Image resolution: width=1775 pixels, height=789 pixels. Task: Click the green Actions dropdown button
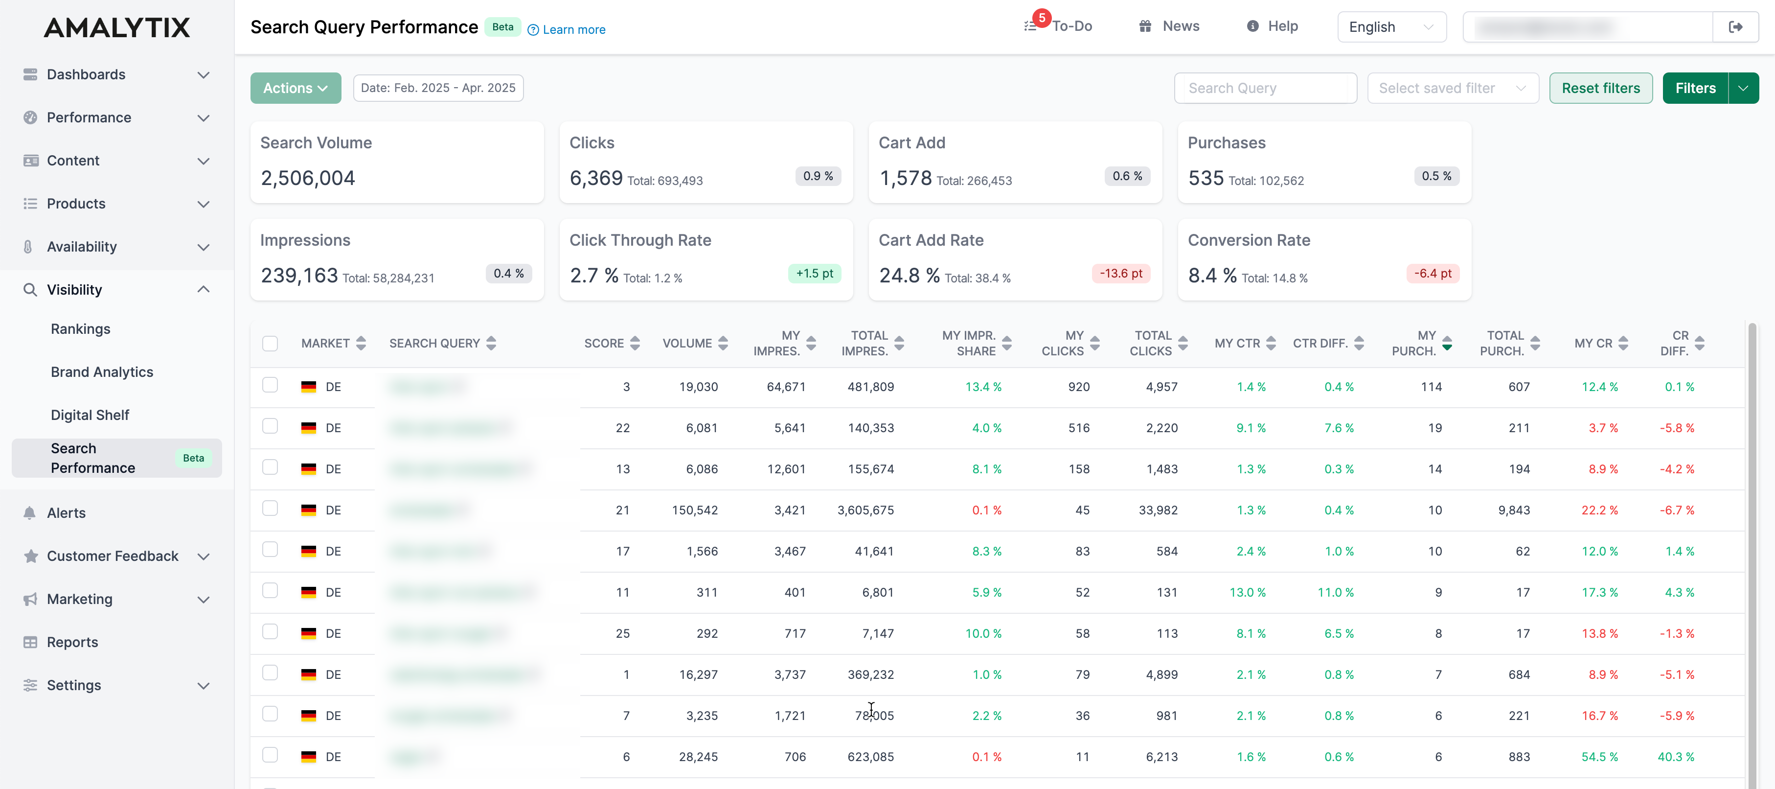tap(295, 88)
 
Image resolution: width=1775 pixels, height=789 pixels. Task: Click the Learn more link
tap(572, 30)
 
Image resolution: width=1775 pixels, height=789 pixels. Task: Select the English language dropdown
tap(1390, 27)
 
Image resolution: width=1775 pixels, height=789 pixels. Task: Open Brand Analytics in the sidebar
tap(102, 372)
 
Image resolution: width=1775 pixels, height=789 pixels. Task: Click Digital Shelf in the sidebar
tap(90, 415)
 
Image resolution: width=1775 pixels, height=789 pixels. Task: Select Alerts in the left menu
tap(66, 512)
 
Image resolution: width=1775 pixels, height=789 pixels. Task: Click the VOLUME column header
tap(687, 343)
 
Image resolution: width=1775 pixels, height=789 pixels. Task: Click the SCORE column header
tap(604, 343)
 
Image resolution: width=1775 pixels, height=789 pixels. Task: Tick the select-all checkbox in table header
tap(270, 343)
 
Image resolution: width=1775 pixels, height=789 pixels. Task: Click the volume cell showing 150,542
tap(695, 510)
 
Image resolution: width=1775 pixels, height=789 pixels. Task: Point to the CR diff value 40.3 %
tap(1675, 757)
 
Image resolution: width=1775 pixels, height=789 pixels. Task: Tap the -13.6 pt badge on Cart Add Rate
tap(1120, 274)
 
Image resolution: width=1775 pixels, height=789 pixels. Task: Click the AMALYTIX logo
tap(117, 27)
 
